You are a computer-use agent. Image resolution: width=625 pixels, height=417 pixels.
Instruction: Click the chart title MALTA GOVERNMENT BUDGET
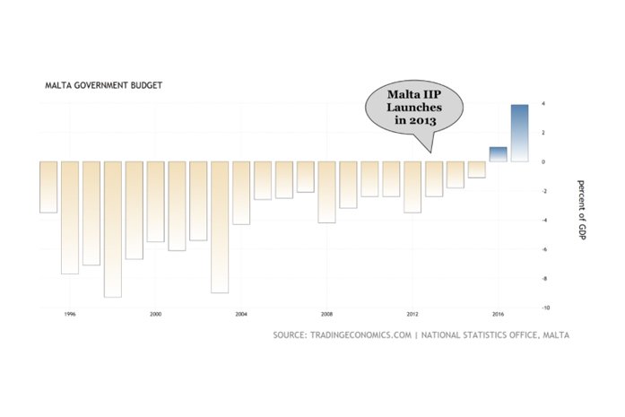[103, 86]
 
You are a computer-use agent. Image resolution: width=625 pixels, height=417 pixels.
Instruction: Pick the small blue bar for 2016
[499, 153]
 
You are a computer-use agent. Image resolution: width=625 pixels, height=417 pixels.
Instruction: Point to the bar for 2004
[241, 192]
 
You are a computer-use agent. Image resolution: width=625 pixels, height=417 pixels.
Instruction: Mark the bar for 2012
[412, 187]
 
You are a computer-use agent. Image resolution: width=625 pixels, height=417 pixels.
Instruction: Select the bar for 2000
[156, 201]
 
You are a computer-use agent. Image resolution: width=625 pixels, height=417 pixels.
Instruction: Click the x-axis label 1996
[70, 315]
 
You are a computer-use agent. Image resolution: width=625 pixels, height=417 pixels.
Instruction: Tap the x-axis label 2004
[241, 315]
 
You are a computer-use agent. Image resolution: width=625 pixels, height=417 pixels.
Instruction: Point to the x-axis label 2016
[499, 315]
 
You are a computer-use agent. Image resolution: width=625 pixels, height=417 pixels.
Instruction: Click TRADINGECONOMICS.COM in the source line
[360, 335]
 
